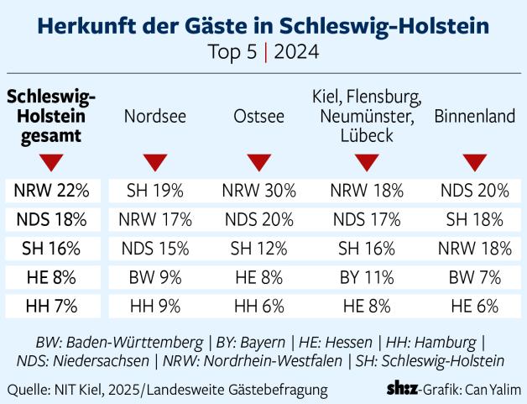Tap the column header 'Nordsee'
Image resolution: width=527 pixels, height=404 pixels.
coord(155,118)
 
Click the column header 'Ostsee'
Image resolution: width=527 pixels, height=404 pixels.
coord(259,118)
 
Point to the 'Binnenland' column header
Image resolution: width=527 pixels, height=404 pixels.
coord(474,118)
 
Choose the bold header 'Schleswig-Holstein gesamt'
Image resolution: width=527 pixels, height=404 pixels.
coord(50,117)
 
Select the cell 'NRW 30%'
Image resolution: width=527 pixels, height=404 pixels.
coord(259,191)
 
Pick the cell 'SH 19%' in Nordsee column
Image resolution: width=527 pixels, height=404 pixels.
coord(155,191)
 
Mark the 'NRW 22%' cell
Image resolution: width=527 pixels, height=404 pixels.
coord(51,191)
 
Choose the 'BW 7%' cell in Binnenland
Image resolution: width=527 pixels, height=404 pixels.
coord(475,278)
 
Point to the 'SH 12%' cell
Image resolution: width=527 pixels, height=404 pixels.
coord(259,249)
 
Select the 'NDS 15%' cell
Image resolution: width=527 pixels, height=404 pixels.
coord(155,249)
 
